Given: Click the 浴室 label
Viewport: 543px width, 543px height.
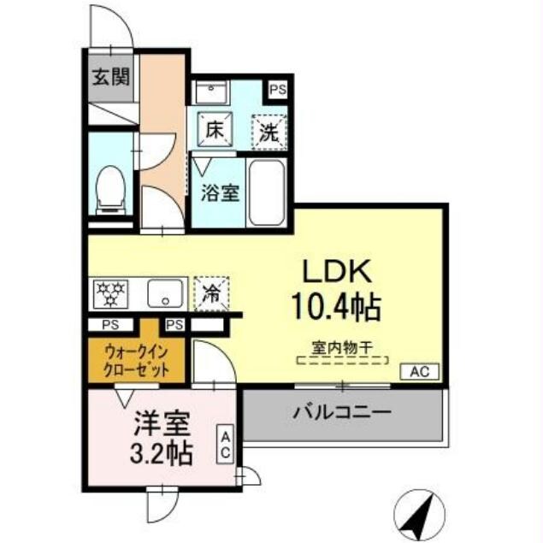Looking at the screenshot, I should pos(219,192).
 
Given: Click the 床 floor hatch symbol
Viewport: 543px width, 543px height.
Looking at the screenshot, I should pos(214,131).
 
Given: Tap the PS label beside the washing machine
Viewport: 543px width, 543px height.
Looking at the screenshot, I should pos(279,88).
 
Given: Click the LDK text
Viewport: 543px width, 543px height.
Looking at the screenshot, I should pos(336,272).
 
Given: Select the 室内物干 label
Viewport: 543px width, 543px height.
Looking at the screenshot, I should pos(339,348).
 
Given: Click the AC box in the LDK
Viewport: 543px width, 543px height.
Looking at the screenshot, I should pos(421,371).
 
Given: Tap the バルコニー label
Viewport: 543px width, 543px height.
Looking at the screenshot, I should pos(342,412).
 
